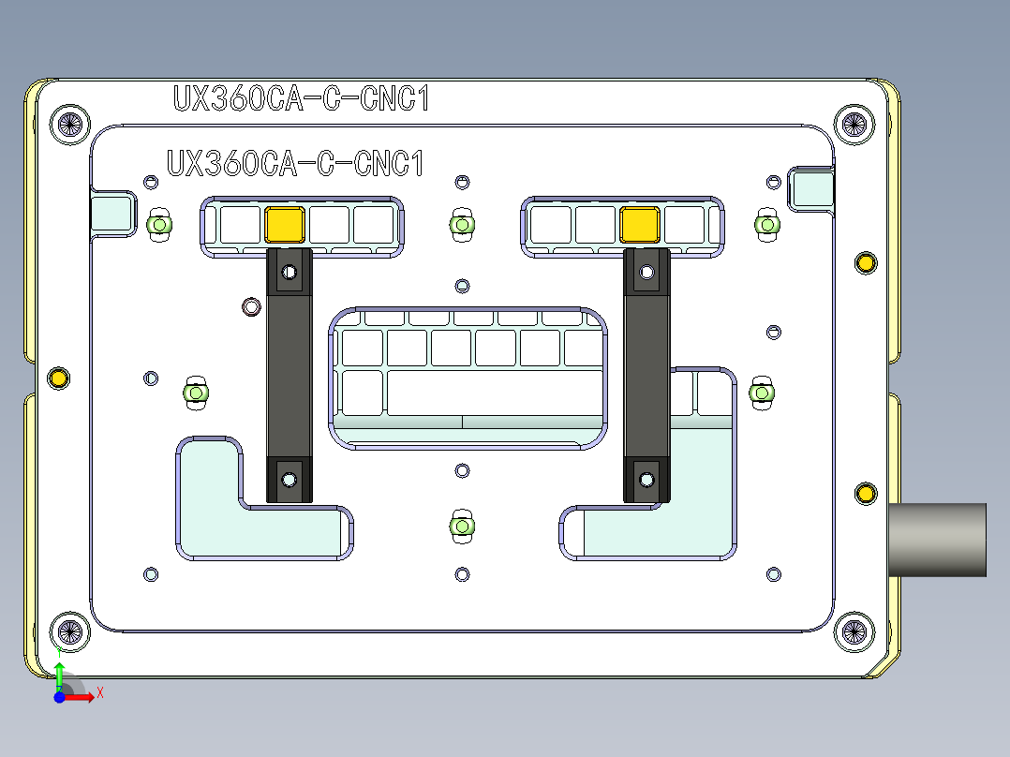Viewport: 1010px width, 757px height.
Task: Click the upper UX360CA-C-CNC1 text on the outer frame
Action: point(301,98)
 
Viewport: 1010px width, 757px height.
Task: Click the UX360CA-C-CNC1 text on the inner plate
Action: point(295,164)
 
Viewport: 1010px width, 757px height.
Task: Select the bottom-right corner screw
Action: point(853,631)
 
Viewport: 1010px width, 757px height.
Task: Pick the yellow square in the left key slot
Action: point(284,225)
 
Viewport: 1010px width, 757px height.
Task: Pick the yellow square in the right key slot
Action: point(639,225)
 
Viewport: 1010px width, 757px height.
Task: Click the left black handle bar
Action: point(288,375)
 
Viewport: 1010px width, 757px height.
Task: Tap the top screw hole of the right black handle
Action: point(645,273)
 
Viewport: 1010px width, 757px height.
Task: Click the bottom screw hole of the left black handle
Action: point(289,480)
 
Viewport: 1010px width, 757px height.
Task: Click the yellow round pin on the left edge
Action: point(58,378)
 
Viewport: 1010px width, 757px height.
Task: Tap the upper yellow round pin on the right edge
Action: point(865,262)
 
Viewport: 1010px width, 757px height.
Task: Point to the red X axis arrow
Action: point(86,696)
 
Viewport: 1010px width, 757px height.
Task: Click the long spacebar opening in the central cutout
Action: point(497,393)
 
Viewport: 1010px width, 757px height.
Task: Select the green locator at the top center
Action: point(460,224)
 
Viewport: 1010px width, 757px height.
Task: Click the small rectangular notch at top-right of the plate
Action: point(810,188)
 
